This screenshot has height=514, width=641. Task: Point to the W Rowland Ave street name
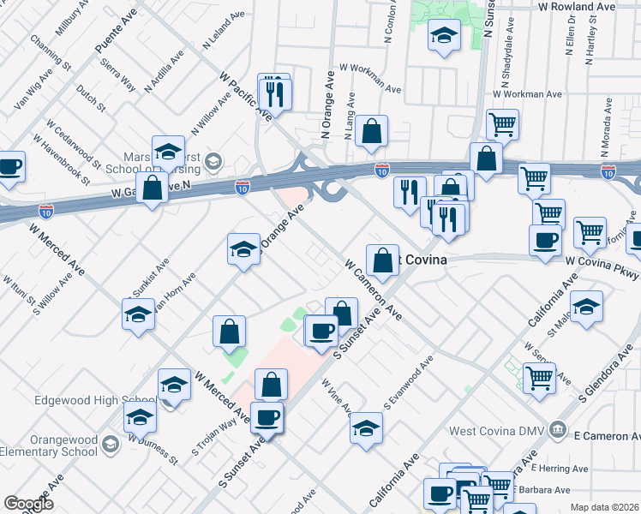click(577, 7)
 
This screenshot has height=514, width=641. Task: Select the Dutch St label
click(90, 99)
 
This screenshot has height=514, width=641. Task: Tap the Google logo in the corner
click(28, 504)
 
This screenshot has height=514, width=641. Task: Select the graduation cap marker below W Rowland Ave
click(443, 35)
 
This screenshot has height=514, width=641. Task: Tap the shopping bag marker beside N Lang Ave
click(371, 132)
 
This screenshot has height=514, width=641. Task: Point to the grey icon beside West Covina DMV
click(558, 428)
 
